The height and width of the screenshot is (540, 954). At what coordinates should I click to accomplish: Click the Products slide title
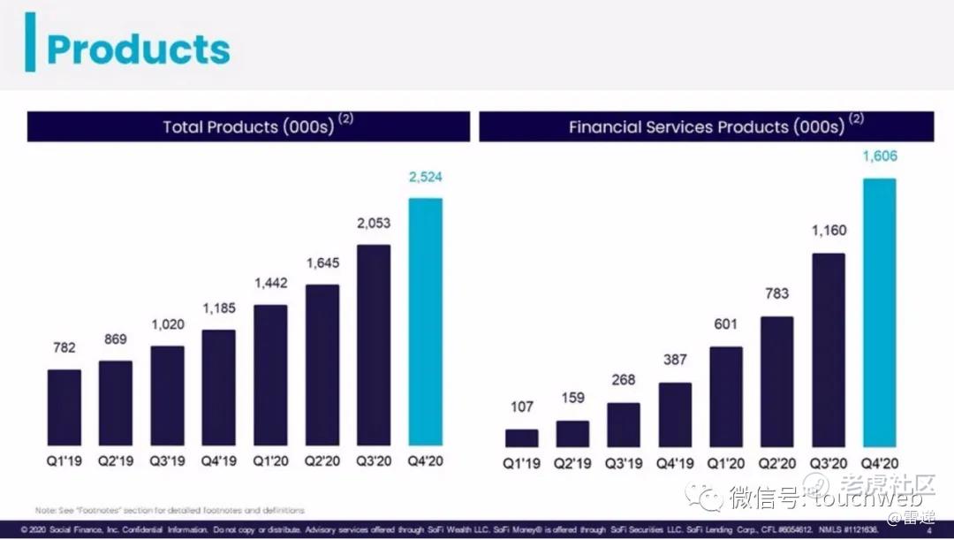pyautogui.click(x=138, y=49)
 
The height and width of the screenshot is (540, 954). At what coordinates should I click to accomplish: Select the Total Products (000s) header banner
pyautogui.click(x=248, y=126)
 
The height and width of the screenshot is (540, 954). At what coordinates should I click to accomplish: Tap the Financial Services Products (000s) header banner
pyautogui.click(x=707, y=126)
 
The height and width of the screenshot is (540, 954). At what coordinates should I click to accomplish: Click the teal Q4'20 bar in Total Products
pyautogui.click(x=425, y=322)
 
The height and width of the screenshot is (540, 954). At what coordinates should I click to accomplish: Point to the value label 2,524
pyautogui.click(x=425, y=178)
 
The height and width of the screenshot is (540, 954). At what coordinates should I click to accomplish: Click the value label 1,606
pyautogui.click(x=879, y=156)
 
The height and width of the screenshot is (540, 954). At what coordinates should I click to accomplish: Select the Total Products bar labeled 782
pyautogui.click(x=64, y=407)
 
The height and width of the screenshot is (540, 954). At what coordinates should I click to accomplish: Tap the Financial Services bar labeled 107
pyautogui.click(x=521, y=437)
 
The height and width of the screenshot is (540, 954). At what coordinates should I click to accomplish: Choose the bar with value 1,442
pyautogui.click(x=271, y=375)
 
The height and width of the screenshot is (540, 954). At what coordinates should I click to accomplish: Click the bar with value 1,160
pyautogui.click(x=829, y=349)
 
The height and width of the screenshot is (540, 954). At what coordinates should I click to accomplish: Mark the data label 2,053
pyautogui.click(x=374, y=224)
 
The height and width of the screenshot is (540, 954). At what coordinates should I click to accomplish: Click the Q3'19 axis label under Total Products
pyautogui.click(x=167, y=461)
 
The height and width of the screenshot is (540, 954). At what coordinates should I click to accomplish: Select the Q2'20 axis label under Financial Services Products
pyautogui.click(x=777, y=463)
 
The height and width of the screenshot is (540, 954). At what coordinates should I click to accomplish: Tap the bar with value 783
pyautogui.click(x=777, y=381)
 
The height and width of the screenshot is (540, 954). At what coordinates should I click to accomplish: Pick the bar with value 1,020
pyautogui.click(x=167, y=395)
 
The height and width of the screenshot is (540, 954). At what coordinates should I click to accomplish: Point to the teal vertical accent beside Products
pyautogui.click(x=31, y=42)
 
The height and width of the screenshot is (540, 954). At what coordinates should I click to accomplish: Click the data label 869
pyautogui.click(x=116, y=339)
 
